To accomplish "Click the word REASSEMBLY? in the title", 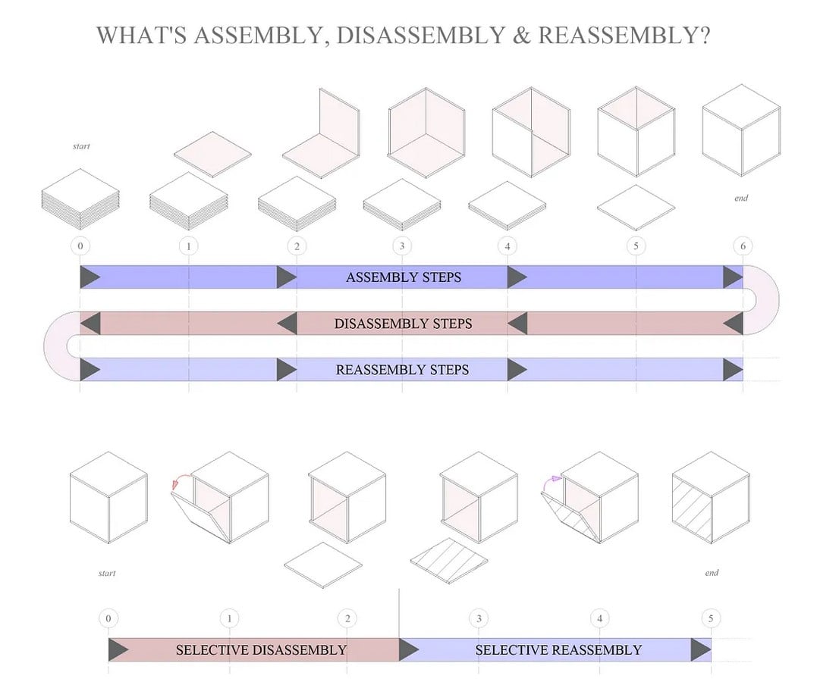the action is [x=624, y=36].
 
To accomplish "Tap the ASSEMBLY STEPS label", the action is [x=404, y=277].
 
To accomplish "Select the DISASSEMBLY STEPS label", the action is [x=403, y=324].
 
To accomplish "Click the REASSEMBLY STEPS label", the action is [x=402, y=370].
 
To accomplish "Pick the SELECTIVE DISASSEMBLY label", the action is [x=261, y=649].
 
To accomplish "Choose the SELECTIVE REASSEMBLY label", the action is [x=558, y=649].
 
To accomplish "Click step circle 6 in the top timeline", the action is [x=743, y=246].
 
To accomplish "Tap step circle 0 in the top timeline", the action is [x=80, y=246].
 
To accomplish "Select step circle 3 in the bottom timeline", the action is [x=479, y=618].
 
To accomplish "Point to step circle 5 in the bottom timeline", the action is [x=711, y=618].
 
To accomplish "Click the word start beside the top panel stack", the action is [x=81, y=146].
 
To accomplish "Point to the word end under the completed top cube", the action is [x=741, y=198].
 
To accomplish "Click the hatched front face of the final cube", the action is [x=692, y=510].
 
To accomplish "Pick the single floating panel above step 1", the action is [x=212, y=155].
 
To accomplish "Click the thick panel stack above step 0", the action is [x=80, y=199].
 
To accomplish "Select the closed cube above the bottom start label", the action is [x=108, y=498].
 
